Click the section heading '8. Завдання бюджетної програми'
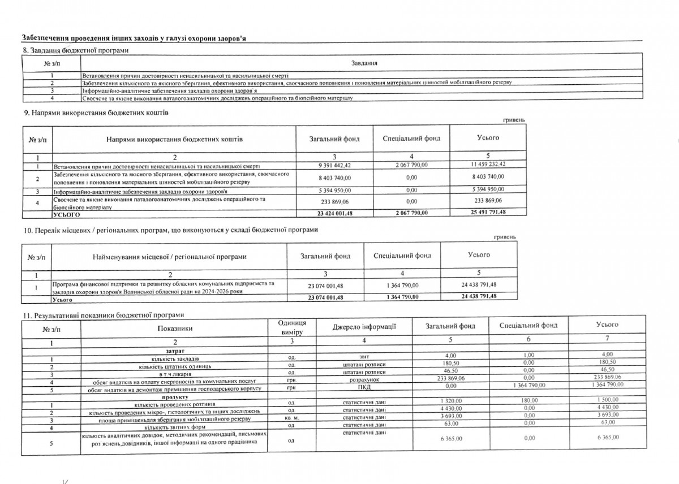pos(75,50)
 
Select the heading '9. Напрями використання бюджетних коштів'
pos(96,113)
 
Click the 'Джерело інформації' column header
pos(363,326)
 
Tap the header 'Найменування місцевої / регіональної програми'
pos(169,257)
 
